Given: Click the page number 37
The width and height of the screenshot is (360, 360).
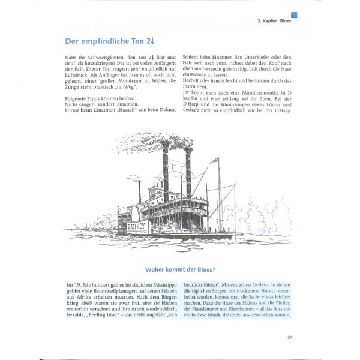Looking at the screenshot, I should pyautogui.click(x=290, y=338).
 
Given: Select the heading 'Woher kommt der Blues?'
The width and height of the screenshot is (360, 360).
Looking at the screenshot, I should pyautogui.click(x=179, y=269).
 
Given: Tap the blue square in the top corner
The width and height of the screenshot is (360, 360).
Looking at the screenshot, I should pyautogui.click(x=294, y=15).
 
